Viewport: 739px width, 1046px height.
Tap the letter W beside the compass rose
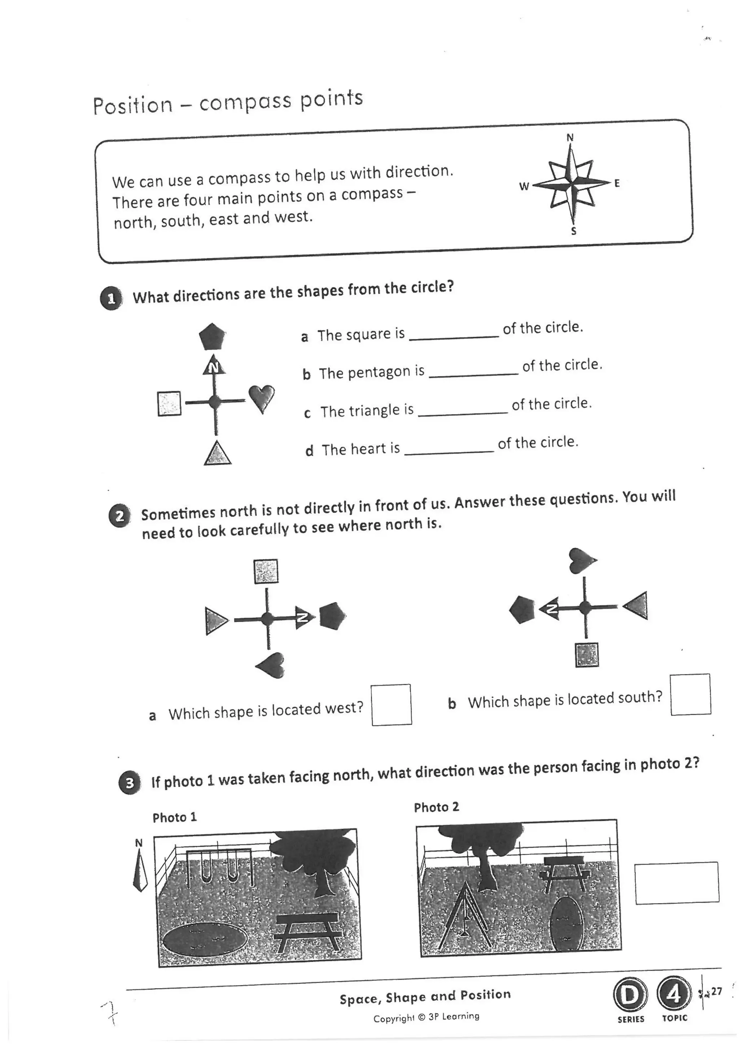point(524,186)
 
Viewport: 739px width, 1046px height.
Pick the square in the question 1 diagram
point(169,403)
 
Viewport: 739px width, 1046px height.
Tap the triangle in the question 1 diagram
point(217,454)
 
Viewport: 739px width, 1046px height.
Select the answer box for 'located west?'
point(392,704)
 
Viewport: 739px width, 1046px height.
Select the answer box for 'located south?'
point(690,694)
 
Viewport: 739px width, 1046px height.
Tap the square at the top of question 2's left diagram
point(266,571)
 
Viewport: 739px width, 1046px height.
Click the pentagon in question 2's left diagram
point(332,616)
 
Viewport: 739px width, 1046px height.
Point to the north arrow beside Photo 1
point(140,871)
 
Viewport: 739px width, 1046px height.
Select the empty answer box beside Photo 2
point(677,882)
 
